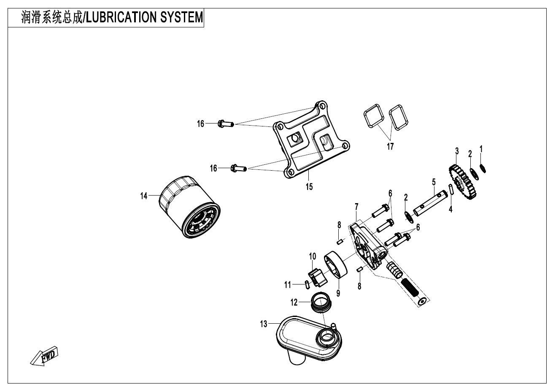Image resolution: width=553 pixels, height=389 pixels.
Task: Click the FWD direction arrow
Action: (x=44, y=357)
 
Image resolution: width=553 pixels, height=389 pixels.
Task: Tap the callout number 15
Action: (x=309, y=187)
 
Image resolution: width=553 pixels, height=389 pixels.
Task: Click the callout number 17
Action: (x=390, y=146)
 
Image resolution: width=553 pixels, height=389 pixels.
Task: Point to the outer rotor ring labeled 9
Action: (x=337, y=265)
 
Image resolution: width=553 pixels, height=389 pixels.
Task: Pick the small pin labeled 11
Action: (x=307, y=284)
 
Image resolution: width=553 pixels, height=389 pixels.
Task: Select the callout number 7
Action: (x=357, y=207)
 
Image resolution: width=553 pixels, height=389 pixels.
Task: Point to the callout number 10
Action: (x=313, y=255)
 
